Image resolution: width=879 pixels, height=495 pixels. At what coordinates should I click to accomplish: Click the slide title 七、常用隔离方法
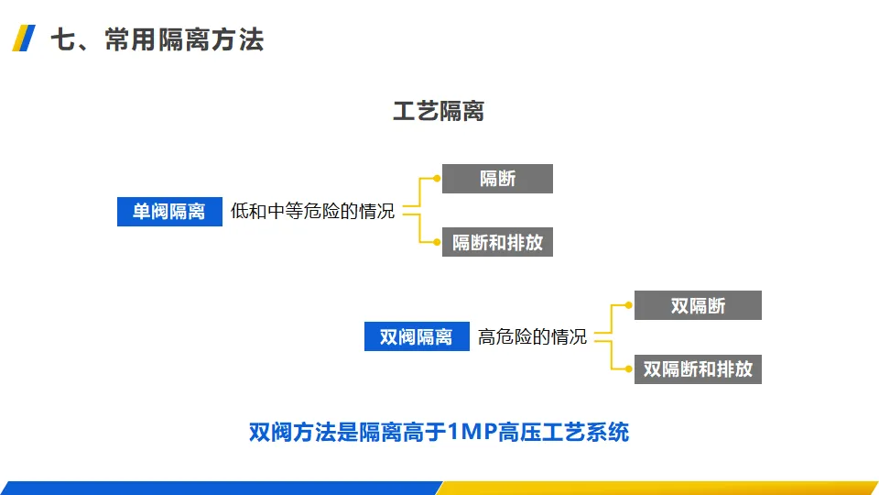156,40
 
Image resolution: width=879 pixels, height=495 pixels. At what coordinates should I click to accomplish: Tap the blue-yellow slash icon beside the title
26,39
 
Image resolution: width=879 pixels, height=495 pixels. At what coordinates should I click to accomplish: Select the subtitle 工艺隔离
439,112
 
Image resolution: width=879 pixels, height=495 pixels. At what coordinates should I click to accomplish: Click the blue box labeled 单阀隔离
169,212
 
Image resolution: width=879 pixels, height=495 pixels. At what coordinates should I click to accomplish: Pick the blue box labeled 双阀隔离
417,336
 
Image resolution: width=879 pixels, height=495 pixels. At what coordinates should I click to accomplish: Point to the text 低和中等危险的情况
312,212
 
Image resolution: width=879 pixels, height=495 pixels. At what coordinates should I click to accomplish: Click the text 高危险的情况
532,336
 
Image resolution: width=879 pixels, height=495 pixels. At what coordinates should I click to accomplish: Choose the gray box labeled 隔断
497,179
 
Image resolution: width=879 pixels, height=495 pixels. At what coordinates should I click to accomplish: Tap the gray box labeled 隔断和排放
497,242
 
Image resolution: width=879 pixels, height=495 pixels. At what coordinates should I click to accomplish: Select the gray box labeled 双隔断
698,305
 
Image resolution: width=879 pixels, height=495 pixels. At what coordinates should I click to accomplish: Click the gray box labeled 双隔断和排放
698,368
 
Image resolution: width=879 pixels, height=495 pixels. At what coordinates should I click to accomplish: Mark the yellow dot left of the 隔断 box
437,179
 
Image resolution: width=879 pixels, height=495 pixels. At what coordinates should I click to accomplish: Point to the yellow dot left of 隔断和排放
437,242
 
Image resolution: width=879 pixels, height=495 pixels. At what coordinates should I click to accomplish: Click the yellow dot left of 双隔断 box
629,305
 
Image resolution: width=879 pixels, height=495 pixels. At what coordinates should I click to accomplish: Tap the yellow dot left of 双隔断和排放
629,368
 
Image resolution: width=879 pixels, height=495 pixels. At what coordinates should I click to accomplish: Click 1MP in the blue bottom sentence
472,432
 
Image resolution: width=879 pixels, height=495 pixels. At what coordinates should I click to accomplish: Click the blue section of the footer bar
220,488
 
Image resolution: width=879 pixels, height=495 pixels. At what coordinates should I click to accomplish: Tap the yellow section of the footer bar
659,488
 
